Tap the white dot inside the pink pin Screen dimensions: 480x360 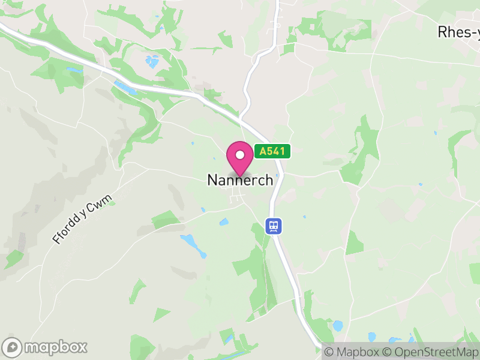[240, 155]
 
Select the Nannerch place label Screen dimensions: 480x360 [240, 180]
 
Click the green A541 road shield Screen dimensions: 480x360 [272, 152]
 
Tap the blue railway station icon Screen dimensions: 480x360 [274, 226]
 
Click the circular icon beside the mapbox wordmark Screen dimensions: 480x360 [13, 347]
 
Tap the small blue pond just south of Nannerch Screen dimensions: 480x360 [224, 222]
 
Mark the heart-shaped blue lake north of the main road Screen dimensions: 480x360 [152, 61]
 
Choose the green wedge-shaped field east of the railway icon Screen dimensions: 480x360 [354, 244]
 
